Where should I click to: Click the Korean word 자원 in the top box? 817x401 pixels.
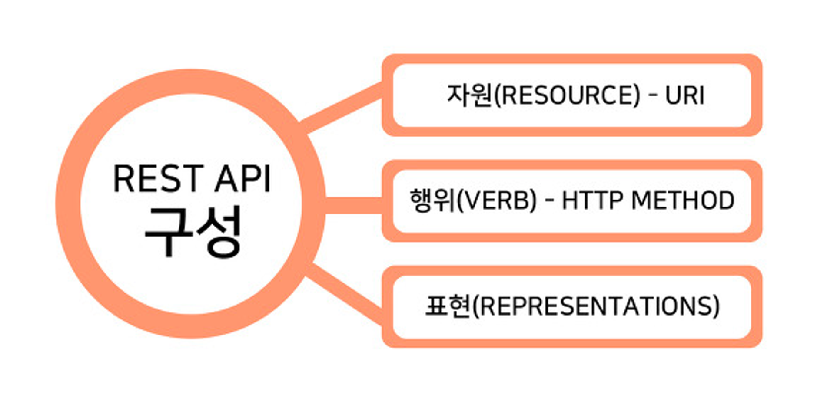pos(470,95)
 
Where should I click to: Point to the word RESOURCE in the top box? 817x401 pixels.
pos(567,95)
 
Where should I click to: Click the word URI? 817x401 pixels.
pos(684,95)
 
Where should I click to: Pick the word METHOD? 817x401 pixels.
pos(682,200)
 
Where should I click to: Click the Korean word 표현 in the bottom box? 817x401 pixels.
pos(448,306)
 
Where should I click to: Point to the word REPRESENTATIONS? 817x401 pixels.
pos(595,306)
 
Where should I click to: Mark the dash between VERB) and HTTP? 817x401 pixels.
pos(549,201)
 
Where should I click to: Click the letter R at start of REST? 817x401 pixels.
pos(122,178)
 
